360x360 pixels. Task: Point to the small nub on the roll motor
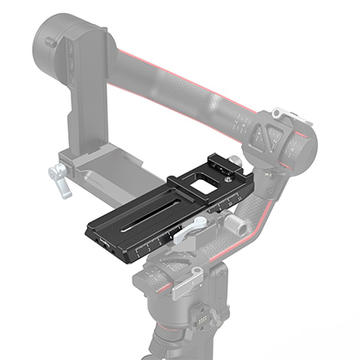click(x=50, y=40)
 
